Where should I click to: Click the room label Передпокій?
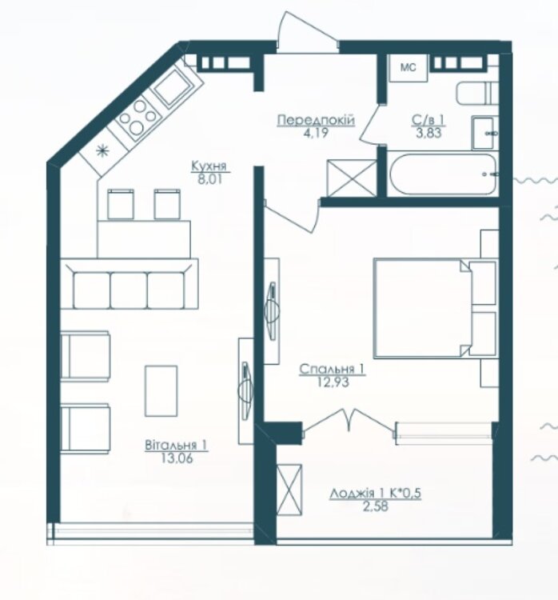coord(316,120)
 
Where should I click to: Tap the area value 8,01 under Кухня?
coord(209,179)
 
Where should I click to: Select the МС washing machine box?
coord(408,68)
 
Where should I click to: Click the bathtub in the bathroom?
coord(443,174)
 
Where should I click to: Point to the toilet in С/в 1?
coord(477,93)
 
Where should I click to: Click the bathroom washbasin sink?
coord(484,133)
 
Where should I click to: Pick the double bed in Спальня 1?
coord(435,309)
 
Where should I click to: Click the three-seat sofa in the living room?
coord(130,284)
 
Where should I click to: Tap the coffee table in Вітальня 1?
coord(161,390)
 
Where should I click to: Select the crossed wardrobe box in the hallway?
coord(353,178)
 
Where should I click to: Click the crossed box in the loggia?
coord(289,490)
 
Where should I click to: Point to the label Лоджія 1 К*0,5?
coord(375,494)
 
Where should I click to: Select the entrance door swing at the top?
coord(308,31)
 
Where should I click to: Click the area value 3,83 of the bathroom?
coord(428,133)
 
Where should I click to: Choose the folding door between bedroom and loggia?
coord(349,422)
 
